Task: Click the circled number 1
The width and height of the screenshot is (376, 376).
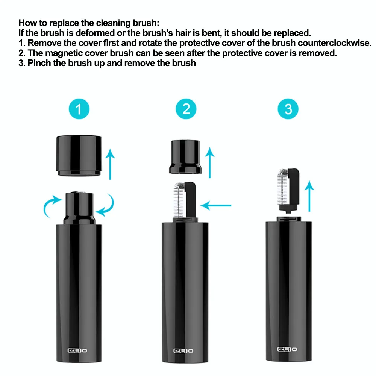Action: [79, 109]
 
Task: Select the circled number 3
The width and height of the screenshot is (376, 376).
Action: [288, 109]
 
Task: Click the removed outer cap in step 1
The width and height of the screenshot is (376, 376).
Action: [79, 156]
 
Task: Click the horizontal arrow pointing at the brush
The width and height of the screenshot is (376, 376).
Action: [216, 205]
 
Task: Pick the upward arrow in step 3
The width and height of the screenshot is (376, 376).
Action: [309, 196]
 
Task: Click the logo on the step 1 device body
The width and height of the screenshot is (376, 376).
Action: [78, 350]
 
